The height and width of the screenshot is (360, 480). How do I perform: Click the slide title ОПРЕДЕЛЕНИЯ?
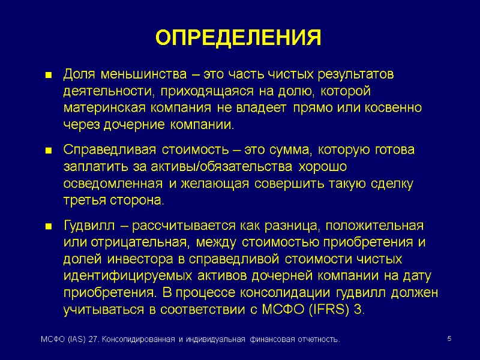239,38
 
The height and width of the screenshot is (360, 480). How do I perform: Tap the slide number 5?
449,340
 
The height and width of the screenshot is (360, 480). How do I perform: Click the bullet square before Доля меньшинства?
50,76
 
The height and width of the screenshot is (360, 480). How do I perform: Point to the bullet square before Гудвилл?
50,227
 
